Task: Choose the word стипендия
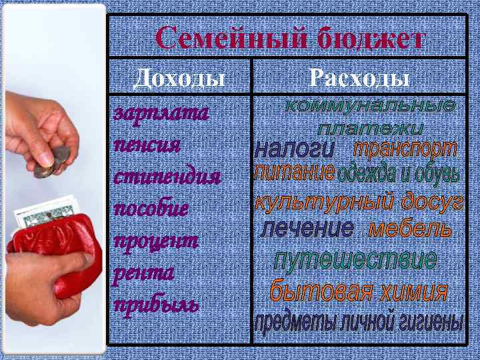click(x=166, y=178)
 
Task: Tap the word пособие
click(x=151, y=209)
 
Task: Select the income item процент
click(x=156, y=241)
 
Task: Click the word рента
click(x=143, y=272)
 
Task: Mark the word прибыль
click(x=156, y=304)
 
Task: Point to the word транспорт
click(x=405, y=148)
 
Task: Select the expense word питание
click(x=294, y=174)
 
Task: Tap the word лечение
click(x=307, y=229)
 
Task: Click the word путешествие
click(x=355, y=259)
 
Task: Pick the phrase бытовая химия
click(x=358, y=291)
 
